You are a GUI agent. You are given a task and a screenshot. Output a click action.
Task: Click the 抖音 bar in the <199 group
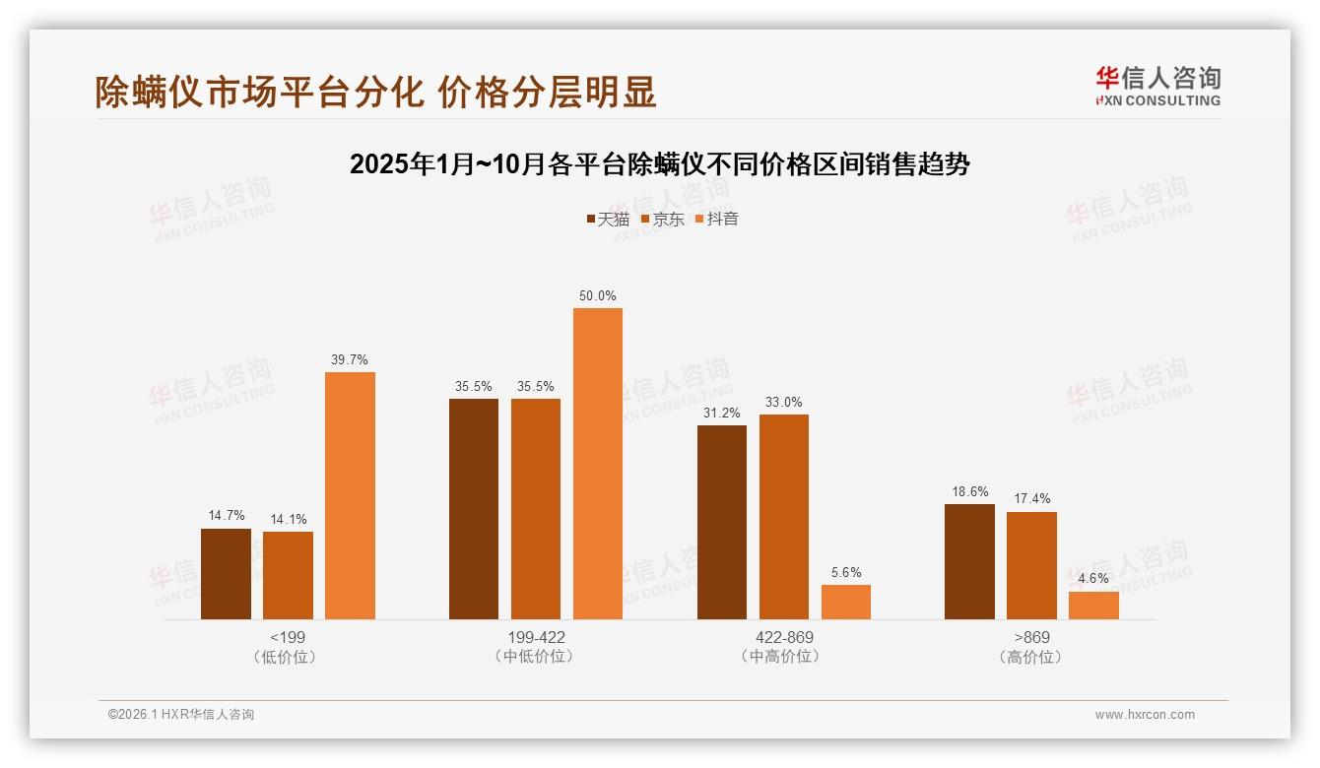click(350, 495)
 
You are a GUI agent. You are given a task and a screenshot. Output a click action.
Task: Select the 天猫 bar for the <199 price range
click(226, 574)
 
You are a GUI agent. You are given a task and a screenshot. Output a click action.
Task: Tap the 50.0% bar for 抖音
click(598, 464)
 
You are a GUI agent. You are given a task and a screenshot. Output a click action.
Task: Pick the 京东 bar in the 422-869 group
click(784, 517)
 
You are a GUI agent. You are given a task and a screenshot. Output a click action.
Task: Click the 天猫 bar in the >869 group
click(969, 561)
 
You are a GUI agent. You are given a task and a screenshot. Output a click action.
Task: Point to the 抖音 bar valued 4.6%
click(1093, 606)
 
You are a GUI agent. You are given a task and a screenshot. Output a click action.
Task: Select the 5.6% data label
click(846, 572)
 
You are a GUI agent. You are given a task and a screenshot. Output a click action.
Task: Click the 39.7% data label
click(350, 359)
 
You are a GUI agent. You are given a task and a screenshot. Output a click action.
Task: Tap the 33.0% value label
click(784, 402)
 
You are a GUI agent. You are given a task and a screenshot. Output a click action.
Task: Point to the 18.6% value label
click(969, 491)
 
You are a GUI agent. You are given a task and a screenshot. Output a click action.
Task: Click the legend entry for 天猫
click(608, 219)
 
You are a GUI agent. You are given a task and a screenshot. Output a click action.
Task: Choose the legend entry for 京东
click(663, 219)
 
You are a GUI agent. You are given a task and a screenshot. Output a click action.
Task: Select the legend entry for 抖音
click(717, 219)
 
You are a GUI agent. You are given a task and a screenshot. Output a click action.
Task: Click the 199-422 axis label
click(535, 637)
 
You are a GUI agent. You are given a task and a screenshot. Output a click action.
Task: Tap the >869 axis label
click(1031, 637)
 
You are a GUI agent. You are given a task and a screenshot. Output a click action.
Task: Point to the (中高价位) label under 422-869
click(783, 656)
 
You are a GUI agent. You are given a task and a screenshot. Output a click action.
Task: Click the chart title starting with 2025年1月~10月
click(660, 164)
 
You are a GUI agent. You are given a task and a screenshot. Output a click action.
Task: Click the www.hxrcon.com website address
click(1145, 715)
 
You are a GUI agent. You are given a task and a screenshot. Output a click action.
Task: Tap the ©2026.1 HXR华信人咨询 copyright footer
click(181, 715)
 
